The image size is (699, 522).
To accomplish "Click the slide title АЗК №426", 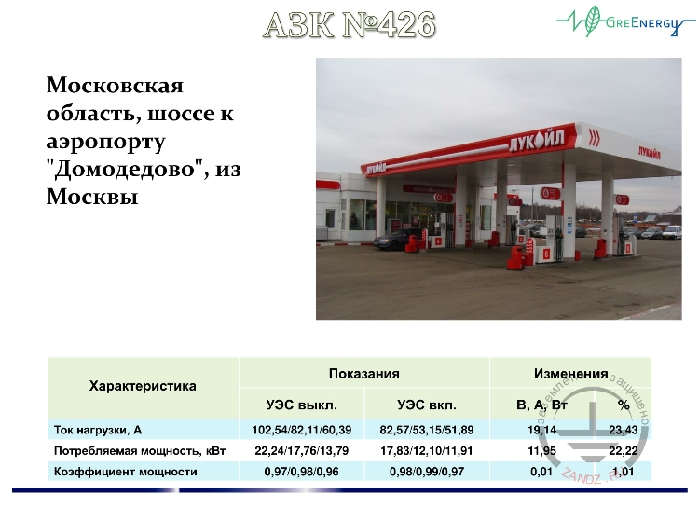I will tap(349, 25).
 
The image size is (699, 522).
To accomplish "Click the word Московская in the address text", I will tap(115, 87).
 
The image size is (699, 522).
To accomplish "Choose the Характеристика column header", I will tap(143, 386).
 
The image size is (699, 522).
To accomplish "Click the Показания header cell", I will tap(363, 373).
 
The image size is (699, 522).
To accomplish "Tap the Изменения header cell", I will tap(570, 373).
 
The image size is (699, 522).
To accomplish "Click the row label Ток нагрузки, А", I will tap(98, 430).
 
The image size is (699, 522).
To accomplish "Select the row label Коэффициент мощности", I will tap(125, 472).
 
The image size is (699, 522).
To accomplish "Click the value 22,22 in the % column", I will tap(623, 451).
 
